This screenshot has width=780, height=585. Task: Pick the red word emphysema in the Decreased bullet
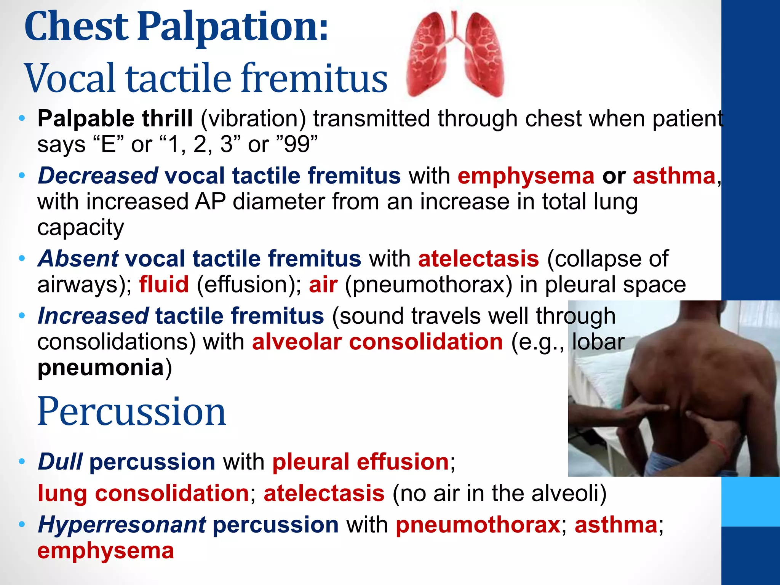[x=526, y=176]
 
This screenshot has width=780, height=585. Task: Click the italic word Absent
[x=78, y=259]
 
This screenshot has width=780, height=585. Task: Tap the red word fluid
[x=164, y=285]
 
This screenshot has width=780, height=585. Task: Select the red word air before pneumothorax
[x=323, y=285]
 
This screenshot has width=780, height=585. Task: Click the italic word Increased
[x=93, y=316]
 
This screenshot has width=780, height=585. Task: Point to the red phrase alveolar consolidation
[x=377, y=342]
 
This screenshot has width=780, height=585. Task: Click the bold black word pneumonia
[x=101, y=368]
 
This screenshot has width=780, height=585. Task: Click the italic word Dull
[x=60, y=462]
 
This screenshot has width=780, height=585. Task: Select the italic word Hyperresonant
[x=122, y=525]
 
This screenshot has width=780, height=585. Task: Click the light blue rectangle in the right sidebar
[x=750, y=502]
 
